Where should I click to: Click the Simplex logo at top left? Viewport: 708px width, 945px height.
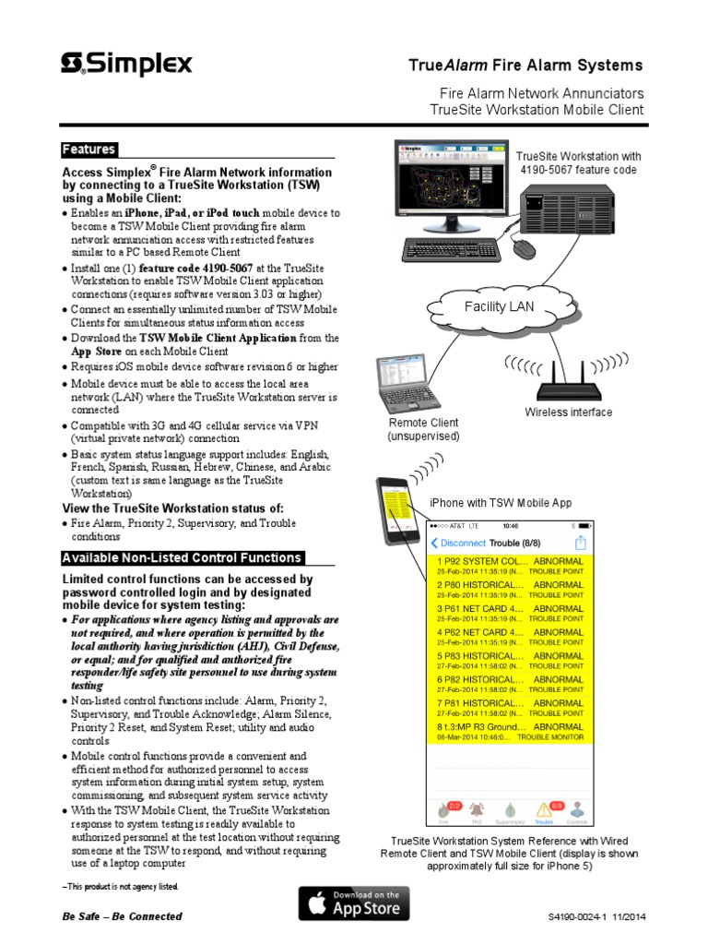tap(126, 64)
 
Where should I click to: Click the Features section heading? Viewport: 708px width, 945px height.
tap(88, 150)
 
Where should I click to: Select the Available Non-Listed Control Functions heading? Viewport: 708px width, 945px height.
tap(182, 557)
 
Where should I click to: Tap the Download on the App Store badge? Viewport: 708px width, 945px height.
tap(354, 903)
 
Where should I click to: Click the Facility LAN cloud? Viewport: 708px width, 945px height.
tap(499, 306)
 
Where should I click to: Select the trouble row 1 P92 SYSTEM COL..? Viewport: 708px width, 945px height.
tap(510, 565)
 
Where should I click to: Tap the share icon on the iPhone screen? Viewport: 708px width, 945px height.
tap(581, 543)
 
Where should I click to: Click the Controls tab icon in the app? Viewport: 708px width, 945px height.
tap(578, 812)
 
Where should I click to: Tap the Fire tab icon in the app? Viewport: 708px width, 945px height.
tap(442, 812)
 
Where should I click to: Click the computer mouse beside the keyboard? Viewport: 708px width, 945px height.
tap(523, 247)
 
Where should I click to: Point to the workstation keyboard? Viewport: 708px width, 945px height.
tap(452, 250)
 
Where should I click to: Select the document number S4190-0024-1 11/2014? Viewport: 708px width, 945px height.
tap(596, 917)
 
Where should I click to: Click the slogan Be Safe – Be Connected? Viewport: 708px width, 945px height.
tap(122, 916)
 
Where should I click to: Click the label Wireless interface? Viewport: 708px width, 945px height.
tap(568, 413)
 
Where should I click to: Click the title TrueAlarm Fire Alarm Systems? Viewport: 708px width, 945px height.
tap(525, 66)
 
